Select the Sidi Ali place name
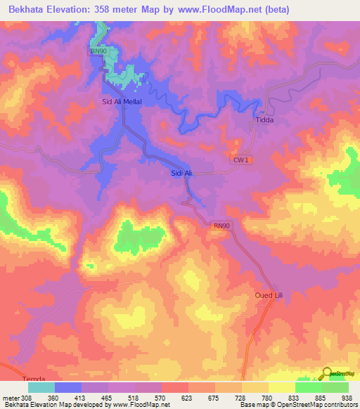(x=181, y=172)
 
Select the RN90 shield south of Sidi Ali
(x=221, y=226)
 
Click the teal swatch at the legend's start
(x=41, y=387)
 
